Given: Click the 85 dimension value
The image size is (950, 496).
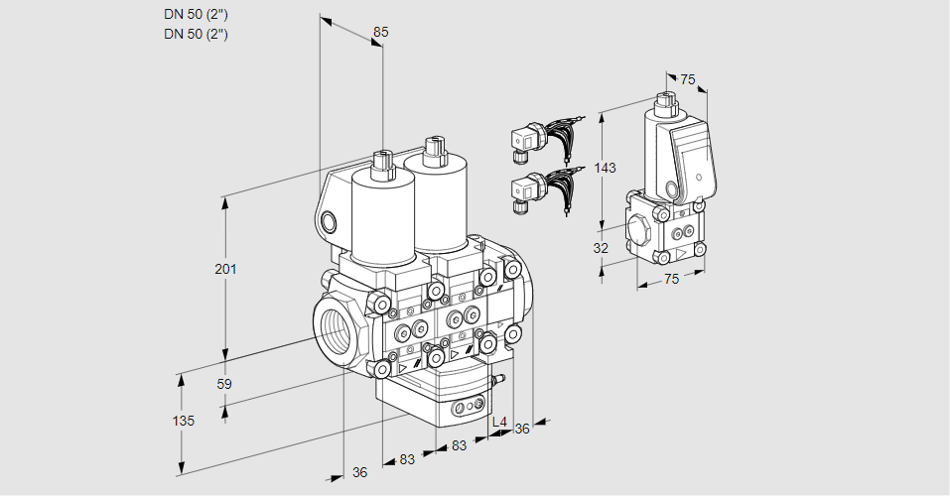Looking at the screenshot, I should [380, 32].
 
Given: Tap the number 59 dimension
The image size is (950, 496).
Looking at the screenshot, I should [224, 384].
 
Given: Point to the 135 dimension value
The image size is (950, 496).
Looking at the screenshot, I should [183, 421].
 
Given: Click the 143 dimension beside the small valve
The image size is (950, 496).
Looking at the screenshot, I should [605, 168].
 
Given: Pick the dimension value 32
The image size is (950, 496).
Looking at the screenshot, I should [600, 248].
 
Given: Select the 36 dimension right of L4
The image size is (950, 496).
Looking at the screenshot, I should [522, 428].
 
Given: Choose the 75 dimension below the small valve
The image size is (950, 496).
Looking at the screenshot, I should [671, 280].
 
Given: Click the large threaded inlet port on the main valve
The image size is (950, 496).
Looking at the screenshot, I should [332, 327].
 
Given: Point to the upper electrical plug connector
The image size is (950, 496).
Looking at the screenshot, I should [526, 142].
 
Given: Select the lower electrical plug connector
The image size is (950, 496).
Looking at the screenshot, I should [526, 189].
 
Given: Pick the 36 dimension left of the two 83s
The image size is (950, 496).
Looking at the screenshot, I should [359, 472].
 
